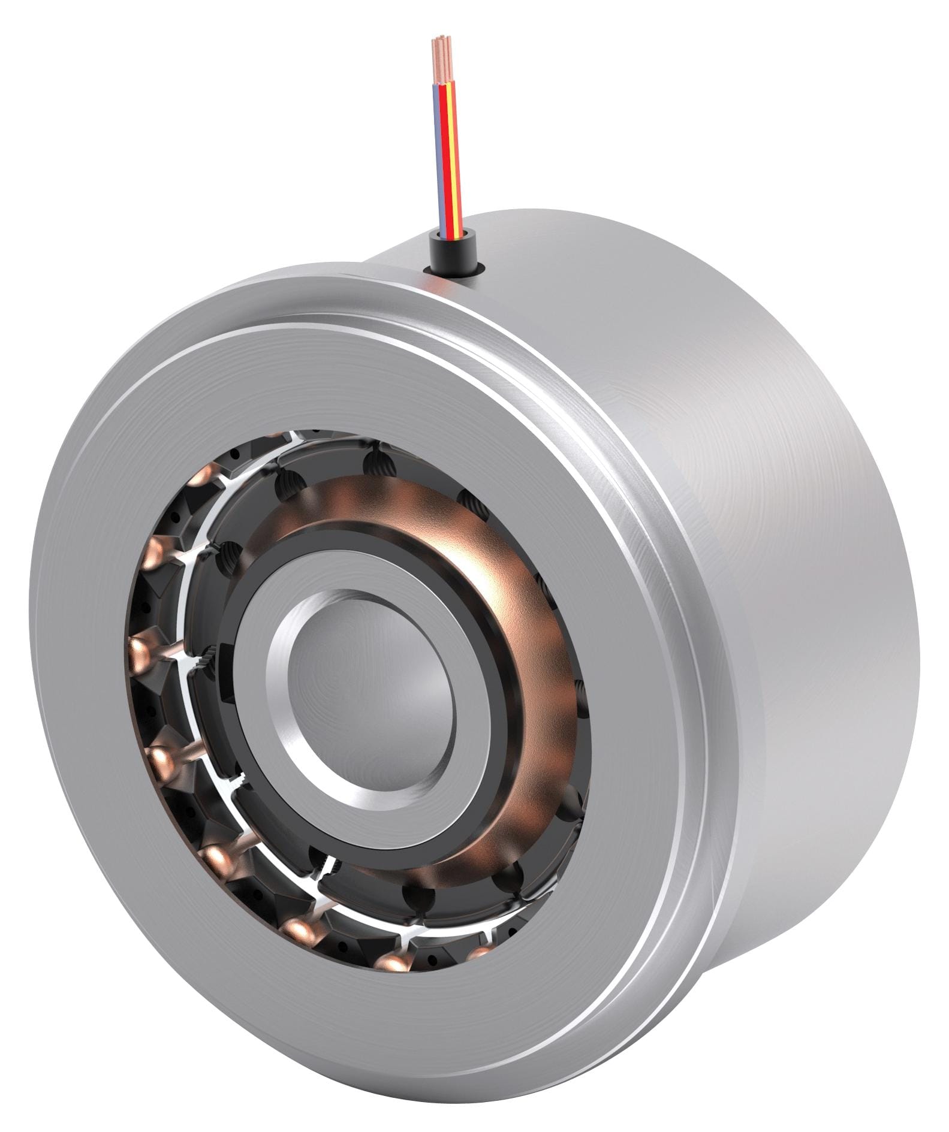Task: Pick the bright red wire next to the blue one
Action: click(x=445, y=156)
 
